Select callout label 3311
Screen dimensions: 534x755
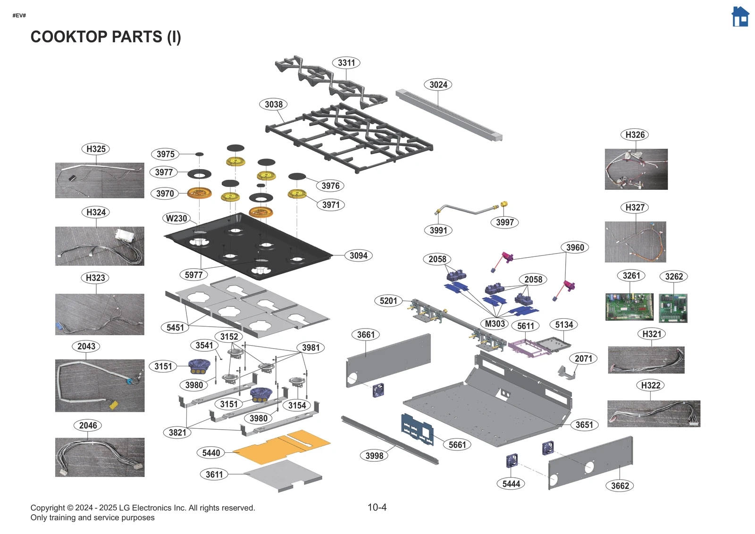pos(346,63)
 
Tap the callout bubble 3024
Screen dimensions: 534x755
pos(438,85)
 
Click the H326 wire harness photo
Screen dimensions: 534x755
pos(636,169)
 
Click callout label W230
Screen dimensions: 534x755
pos(176,219)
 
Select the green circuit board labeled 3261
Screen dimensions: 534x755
pos(629,307)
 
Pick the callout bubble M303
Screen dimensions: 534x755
pos(495,324)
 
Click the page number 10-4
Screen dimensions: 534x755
pos(377,508)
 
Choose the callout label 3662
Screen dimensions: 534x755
pos(620,486)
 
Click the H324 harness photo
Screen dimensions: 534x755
pos(100,246)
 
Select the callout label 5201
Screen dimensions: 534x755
pos(388,301)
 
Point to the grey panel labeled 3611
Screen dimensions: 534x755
pos(283,475)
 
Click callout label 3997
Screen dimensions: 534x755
pos(504,222)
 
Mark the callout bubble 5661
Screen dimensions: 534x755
pos(457,445)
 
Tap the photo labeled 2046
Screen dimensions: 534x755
pos(100,457)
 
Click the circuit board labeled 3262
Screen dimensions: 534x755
pos(673,308)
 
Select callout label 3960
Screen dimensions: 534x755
pos(575,247)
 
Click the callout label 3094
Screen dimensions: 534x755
pos(358,256)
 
